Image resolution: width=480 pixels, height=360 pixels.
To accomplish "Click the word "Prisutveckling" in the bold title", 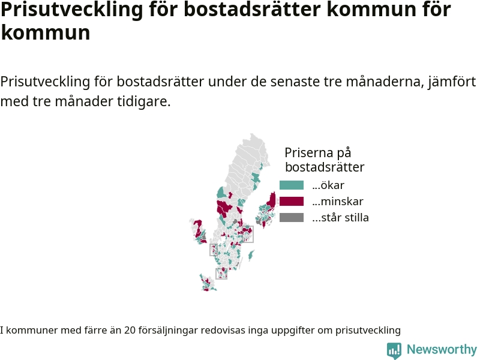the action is tap(72, 10).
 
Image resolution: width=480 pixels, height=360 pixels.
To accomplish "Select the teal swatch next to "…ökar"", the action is tap(292, 185).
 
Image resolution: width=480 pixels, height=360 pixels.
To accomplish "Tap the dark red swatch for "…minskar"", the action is tap(292, 202).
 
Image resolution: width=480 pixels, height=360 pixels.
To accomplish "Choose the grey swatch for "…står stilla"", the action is tap(292, 218).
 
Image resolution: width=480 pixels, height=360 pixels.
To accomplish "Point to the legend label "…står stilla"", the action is tap(340, 218).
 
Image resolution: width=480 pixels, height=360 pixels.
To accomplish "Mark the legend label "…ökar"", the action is tap(328, 185).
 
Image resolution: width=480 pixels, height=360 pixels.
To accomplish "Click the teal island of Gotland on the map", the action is tap(251, 255).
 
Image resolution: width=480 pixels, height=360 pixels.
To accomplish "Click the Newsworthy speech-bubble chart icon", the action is tap(394, 350).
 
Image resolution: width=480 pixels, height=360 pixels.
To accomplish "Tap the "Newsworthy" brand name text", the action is tap(442, 350).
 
